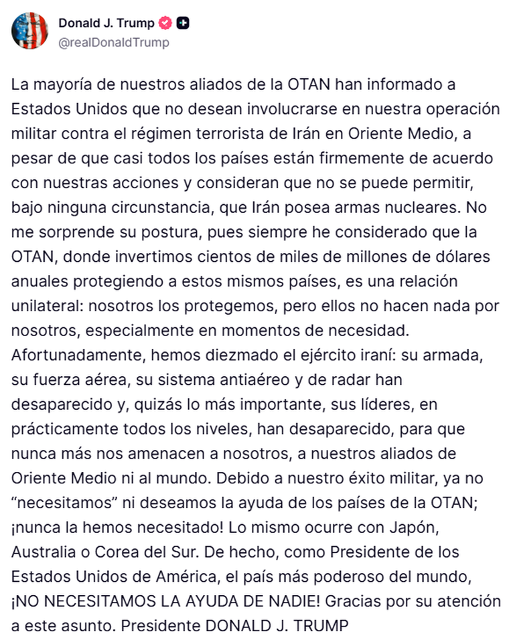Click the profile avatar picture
tap(29, 31)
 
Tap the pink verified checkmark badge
tap(165, 23)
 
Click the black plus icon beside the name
tap(183, 23)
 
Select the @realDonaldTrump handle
tap(113, 43)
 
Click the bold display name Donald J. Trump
tap(106, 23)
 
